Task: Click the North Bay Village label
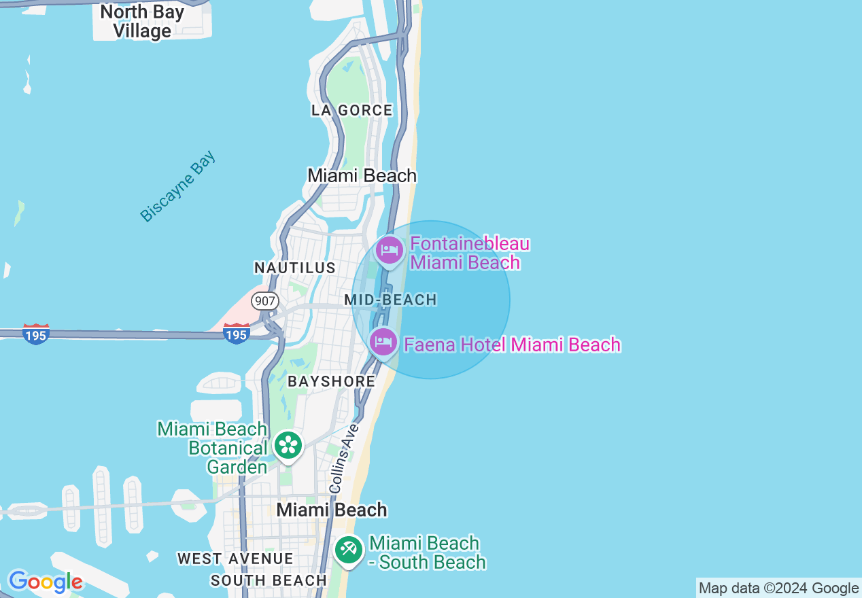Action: (142, 21)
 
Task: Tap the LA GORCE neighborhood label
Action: (352, 110)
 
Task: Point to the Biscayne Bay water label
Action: (177, 186)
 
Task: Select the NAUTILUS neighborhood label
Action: (295, 268)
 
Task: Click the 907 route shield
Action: (264, 300)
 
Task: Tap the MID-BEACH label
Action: (390, 300)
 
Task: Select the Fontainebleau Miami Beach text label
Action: (469, 253)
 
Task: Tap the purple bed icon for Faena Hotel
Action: (383, 342)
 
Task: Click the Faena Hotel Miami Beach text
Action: (512, 345)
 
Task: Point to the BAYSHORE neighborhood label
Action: (331, 381)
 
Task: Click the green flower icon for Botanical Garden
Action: (288, 446)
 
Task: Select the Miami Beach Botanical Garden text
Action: (213, 448)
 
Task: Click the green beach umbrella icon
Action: (349, 549)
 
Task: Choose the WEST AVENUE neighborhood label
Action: (235, 559)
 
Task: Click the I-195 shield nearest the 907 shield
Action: (236, 334)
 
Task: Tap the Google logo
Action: (45, 582)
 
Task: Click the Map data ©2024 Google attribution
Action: (778, 588)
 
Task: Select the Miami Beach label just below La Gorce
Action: (362, 175)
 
